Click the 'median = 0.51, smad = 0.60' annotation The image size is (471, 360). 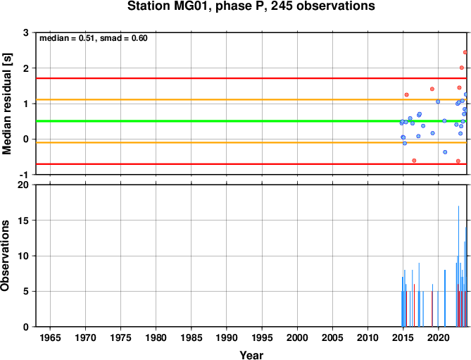point(94,38)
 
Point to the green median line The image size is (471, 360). point(251,121)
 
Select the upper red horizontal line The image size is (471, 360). point(251,78)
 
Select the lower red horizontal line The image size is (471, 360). point(251,164)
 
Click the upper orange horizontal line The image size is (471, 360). point(251,100)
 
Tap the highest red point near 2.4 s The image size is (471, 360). point(465,52)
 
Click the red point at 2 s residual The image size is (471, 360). point(462,68)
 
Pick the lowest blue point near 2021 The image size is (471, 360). point(445,152)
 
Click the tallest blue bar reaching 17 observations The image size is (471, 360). point(459,266)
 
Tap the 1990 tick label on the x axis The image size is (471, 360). point(227,337)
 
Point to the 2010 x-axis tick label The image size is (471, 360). point(368,337)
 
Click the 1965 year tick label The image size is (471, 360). point(50,337)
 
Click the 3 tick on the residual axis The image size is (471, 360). point(26,32)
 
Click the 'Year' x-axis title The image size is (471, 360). point(251,355)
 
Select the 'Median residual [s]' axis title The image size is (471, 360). point(6,104)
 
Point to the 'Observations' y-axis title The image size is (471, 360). point(5,256)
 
